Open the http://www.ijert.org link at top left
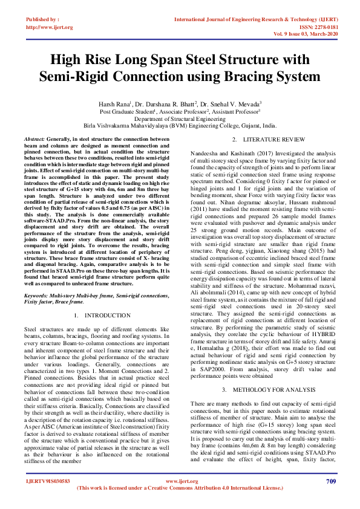click(x=50, y=27)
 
